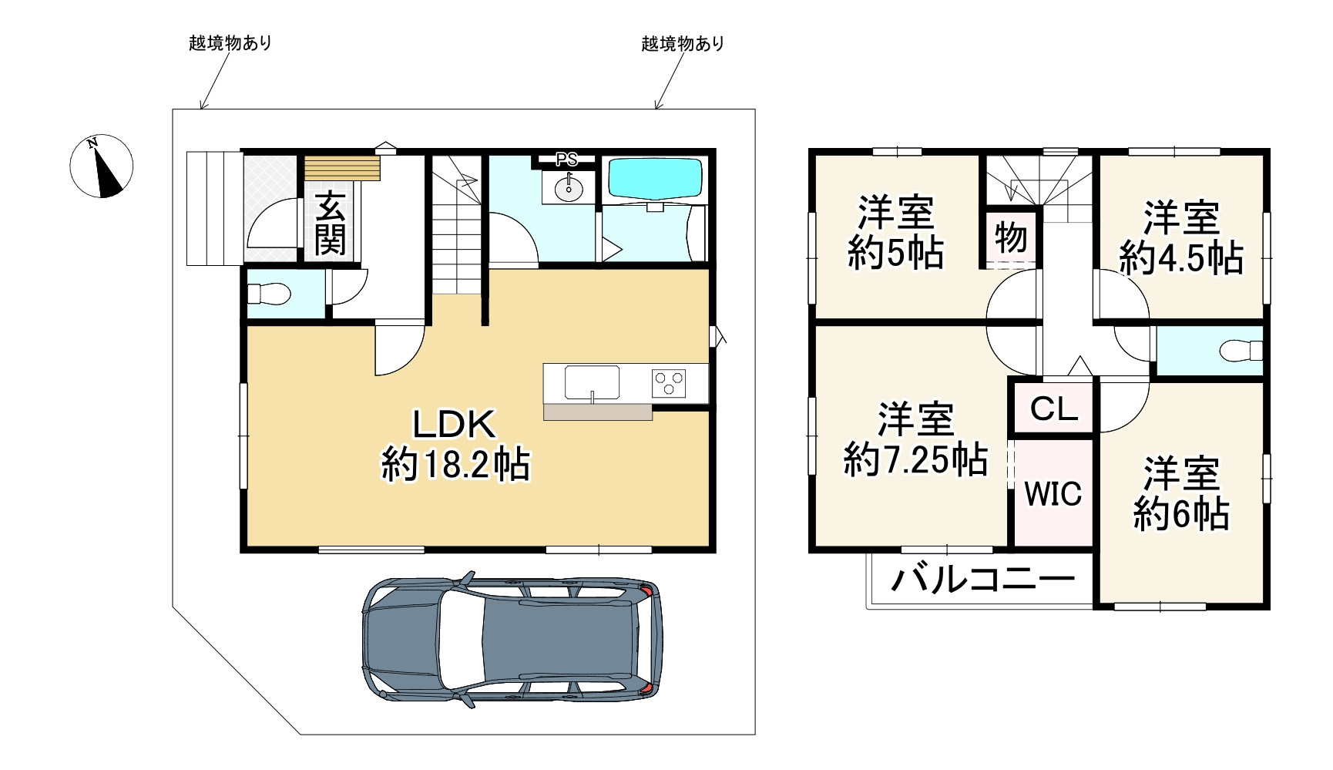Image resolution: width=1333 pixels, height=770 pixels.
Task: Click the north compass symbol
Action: point(102,166)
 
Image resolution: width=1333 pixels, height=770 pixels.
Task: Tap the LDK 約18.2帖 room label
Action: point(455,445)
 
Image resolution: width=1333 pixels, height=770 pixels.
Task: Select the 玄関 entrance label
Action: point(330,223)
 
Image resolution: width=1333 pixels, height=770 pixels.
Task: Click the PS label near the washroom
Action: point(567,160)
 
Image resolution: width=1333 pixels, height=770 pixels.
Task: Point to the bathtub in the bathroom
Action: point(655,179)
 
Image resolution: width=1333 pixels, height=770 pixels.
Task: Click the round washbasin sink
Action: point(569,189)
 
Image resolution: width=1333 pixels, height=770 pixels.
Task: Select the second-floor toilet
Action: point(1241,351)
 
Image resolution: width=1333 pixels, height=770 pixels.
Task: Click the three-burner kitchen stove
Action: point(668,383)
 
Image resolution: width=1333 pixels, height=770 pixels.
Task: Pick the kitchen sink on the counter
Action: point(592,383)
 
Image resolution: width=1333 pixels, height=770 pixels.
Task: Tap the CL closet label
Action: point(1053,409)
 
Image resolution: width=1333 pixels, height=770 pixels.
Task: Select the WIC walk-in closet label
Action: point(1053,493)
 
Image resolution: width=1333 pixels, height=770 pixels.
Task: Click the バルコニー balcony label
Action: point(982,578)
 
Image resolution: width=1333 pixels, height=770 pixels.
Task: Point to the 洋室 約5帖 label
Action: point(895,233)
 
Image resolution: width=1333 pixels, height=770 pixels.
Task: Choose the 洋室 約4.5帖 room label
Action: point(1181,237)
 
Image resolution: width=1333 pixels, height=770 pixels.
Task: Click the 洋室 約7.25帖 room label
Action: point(915,439)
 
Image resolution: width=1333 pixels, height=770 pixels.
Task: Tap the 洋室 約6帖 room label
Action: point(1181,493)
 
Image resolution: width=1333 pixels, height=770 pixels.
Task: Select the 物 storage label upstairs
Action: point(1010,237)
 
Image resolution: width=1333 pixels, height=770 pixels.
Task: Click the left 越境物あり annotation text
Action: point(230,42)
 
